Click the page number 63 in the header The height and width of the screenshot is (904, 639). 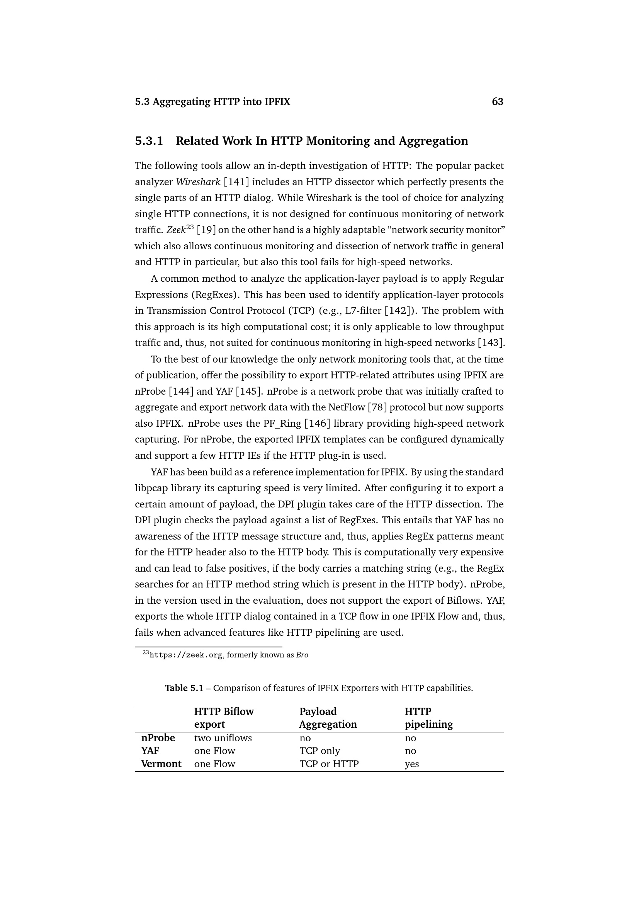pyautogui.click(x=497, y=102)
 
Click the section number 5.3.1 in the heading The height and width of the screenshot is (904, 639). pyautogui.click(x=149, y=141)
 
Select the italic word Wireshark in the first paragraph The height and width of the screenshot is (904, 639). pyautogui.click(x=198, y=182)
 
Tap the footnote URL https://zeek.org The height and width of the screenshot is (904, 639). pyautogui.click(x=186, y=655)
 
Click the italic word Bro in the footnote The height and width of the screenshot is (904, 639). pyautogui.click(x=302, y=655)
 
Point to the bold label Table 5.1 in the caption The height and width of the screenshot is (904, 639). pyautogui.click(x=184, y=688)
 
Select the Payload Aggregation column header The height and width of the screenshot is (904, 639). pyautogui.click(x=328, y=718)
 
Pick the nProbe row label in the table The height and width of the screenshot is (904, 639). pyautogui.click(x=158, y=738)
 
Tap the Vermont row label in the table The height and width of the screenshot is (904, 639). pyautogui.click(x=161, y=764)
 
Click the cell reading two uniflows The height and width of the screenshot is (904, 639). pyautogui.click(x=223, y=738)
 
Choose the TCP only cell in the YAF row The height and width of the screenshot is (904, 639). pyautogui.click(x=319, y=751)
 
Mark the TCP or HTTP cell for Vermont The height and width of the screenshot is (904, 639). pyautogui.click(x=329, y=764)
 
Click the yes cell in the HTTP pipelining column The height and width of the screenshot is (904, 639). pyautogui.click(x=411, y=764)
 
